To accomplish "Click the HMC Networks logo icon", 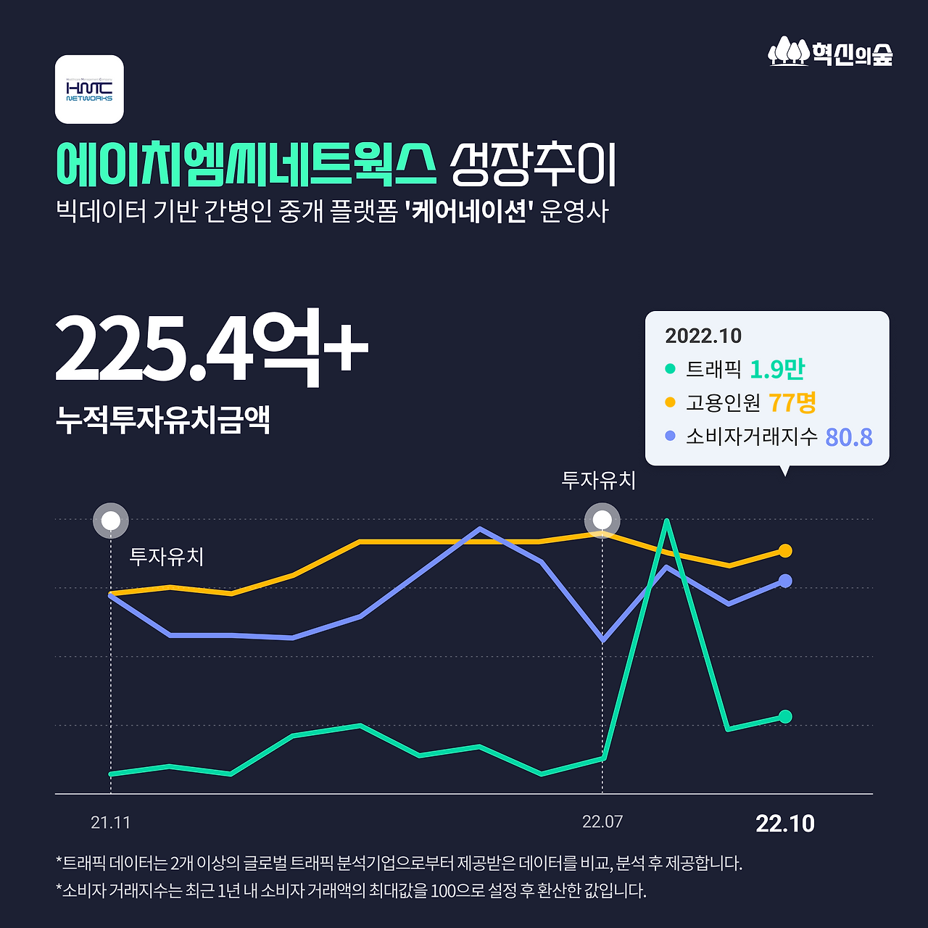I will coord(89,89).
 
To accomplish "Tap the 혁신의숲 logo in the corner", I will coord(831,52).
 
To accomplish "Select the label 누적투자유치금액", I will coord(163,420).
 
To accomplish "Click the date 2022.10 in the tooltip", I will coord(703,336).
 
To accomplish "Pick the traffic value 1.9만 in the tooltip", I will coord(777,369).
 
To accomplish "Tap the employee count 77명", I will coord(792,402).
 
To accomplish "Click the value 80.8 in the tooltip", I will coord(849,436).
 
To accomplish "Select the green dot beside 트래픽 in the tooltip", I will coord(670,369).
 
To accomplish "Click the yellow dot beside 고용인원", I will coord(670,402).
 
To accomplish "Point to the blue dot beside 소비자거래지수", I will coord(670,436).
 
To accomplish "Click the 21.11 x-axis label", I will coord(111,823).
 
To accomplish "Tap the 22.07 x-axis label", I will coord(602,822).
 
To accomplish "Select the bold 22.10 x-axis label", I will coord(785,824).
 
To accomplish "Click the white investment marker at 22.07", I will coord(602,521).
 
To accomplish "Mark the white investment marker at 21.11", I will coord(111,521).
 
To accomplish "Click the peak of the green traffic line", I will coord(666,521).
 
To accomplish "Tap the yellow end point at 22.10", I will coord(785,551).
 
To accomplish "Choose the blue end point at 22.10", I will coord(785,581).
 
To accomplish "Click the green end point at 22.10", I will coord(785,716).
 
